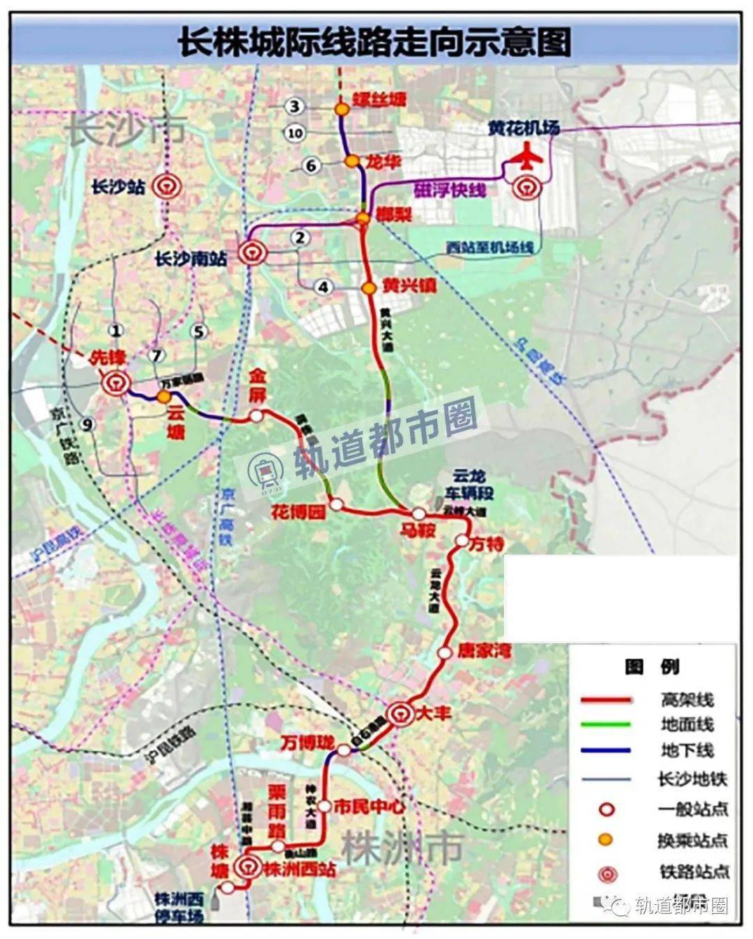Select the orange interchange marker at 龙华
click(353, 162)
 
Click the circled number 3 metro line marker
click(296, 106)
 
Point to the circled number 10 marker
click(296, 133)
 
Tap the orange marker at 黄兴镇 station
click(369, 287)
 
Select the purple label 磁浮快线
click(449, 190)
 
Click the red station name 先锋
click(108, 358)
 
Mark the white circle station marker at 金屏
click(257, 416)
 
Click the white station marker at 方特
click(462, 541)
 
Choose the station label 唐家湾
click(484, 651)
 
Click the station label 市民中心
click(369, 807)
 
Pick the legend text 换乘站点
click(692, 841)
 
